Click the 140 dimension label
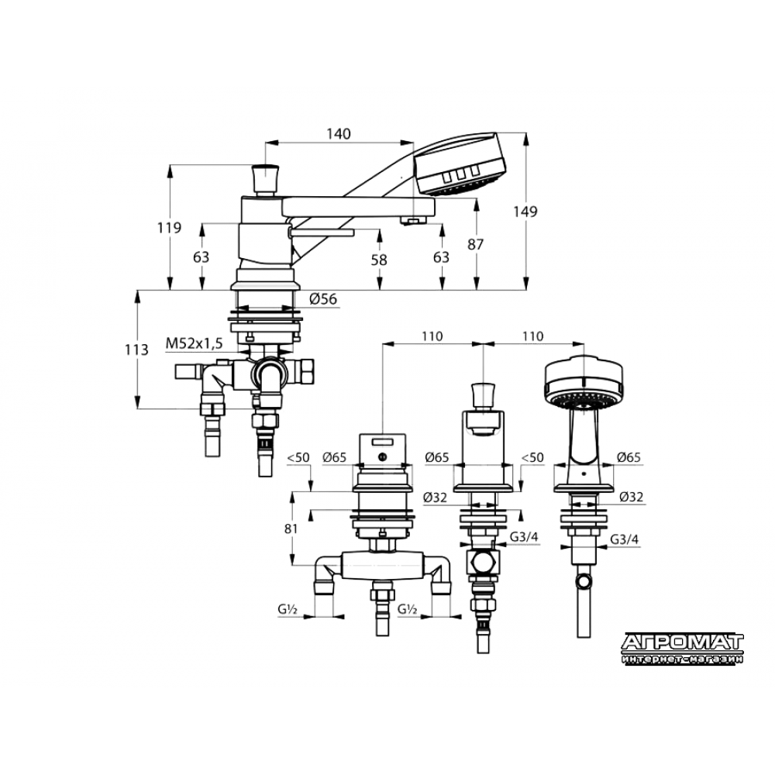pos(339,134)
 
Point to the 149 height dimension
pos(525,212)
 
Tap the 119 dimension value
pos(169,228)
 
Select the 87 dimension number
pos(476,244)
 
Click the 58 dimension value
pos(379,260)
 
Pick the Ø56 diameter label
pos(323,299)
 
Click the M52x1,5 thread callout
pos(195,343)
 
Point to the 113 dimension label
pos(136,350)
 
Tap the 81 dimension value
pos(291,529)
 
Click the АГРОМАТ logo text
pos(682,642)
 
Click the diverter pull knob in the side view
pos(265,180)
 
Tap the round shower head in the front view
pos(584,383)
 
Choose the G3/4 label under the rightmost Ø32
pos(624,539)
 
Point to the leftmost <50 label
pos(298,458)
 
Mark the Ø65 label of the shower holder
pos(629,458)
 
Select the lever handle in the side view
pos(322,232)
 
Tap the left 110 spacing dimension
pos(432,336)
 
